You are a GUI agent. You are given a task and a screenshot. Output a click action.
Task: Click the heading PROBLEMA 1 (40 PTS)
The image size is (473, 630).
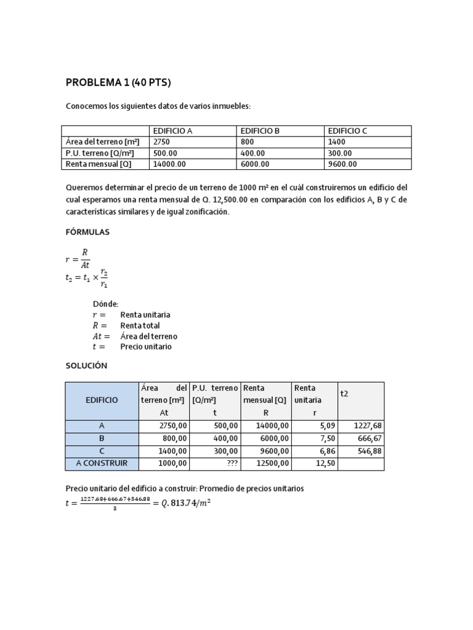(118, 83)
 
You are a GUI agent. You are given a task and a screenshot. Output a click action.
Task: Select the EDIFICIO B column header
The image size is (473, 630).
(260, 131)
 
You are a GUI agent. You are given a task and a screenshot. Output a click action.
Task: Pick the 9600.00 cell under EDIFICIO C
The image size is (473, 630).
(342, 164)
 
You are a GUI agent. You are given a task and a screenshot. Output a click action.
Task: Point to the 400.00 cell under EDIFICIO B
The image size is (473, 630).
(253, 153)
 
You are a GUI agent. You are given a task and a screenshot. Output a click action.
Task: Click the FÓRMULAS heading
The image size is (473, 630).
(88, 233)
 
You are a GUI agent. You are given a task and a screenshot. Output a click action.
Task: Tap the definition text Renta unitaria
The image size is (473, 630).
(145, 314)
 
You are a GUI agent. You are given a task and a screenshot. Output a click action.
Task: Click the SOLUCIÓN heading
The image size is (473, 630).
(87, 365)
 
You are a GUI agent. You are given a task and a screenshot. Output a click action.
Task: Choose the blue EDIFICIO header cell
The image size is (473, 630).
(102, 400)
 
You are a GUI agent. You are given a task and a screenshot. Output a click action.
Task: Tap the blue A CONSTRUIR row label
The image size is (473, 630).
(102, 463)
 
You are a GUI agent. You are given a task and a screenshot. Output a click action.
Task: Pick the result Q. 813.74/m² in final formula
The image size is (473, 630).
(184, 503)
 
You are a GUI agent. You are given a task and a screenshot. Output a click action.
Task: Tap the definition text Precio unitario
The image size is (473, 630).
(146, 346)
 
